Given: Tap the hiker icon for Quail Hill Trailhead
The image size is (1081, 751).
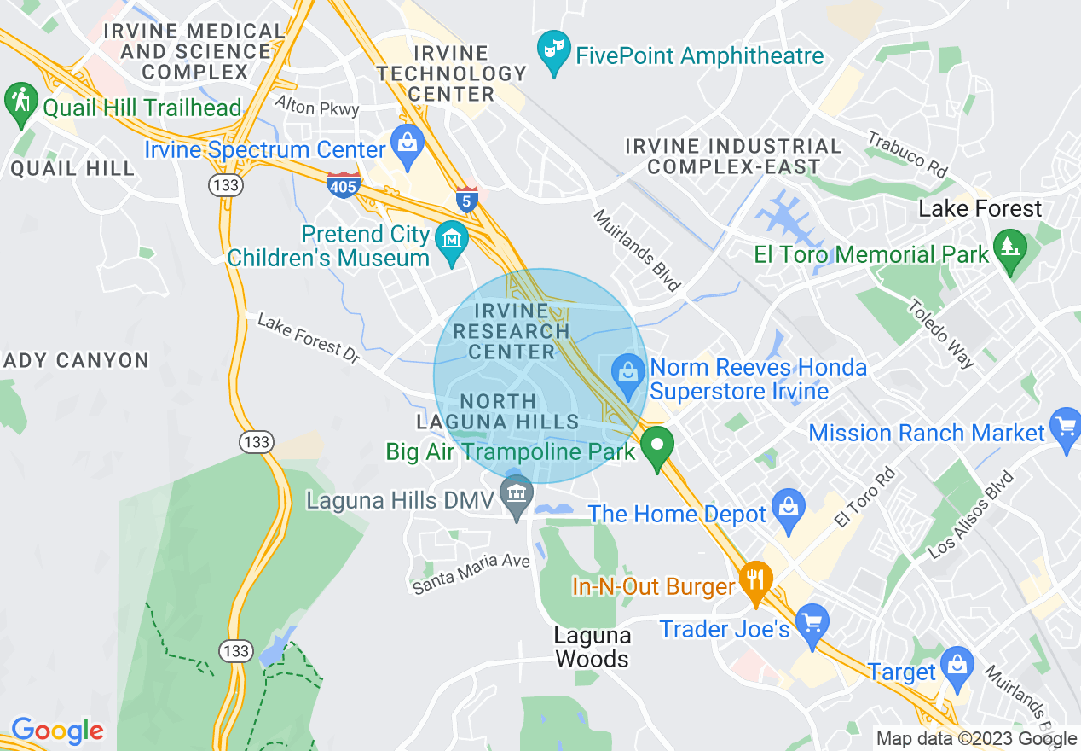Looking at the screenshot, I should (20, 102).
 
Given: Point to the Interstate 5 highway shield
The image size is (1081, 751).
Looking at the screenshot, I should (465, 200).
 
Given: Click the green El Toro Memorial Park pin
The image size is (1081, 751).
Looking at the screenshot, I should (1012, 248).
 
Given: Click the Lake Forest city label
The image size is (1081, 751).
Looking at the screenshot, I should (980, 209).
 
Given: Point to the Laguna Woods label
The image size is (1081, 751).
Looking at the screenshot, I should (592, 647).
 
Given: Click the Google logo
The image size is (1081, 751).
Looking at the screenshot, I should (56, 731).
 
